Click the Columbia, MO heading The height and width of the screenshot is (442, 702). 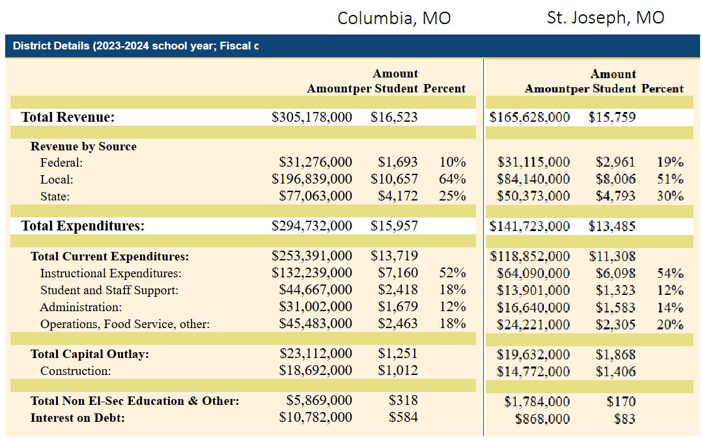click(x=394, y=18)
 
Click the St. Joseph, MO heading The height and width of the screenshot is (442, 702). click(x=606, y=18)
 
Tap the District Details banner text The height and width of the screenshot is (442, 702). click(x=135, y=46)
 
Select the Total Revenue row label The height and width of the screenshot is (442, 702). click(x=68, y=117)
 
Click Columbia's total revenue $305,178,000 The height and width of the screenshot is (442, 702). click(x=311, y=117)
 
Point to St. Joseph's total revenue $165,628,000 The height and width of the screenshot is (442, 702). click(x=529, y=117)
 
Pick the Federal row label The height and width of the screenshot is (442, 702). click(x=61, y=162)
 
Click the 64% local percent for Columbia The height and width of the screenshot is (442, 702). click(x=452, y=179)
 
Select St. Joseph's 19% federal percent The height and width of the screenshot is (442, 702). click(x=670, y=162)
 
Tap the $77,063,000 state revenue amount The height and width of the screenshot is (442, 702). click(x=316, y=196)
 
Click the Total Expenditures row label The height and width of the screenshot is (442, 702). click(x=83, y=225)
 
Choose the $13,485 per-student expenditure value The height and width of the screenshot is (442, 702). click(x=612, y=227)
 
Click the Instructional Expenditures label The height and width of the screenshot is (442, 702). click(x=111, y=273)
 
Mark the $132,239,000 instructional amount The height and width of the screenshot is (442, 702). click(x=311, y=273)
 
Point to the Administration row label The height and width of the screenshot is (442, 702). click(x=81, y=307)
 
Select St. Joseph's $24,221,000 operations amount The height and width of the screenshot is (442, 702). click(x=533, y=324)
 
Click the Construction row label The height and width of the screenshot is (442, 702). click(x=76, y=371)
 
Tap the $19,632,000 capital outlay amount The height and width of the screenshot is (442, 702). click(x=533, y=355)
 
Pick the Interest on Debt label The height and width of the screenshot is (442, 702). click(x=77, y=418)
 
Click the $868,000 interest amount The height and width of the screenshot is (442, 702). click(x=542, y=419)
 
